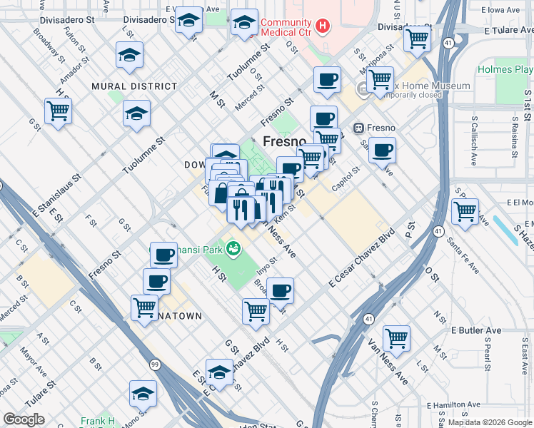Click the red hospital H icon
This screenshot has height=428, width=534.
click(323, 26)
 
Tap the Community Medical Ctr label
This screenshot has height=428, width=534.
click(287, 27)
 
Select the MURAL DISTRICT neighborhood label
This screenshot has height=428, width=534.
click(134, 86)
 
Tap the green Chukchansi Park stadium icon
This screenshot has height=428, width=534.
click(233, 248)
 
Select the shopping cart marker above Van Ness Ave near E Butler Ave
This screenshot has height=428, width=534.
click(396, 338)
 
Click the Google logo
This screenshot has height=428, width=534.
click(24, 419)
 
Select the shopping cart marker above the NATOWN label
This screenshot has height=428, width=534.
click(145, 307)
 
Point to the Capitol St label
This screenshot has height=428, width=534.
click(346, 175)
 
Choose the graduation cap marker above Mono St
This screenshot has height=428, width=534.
click(143, 394)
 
